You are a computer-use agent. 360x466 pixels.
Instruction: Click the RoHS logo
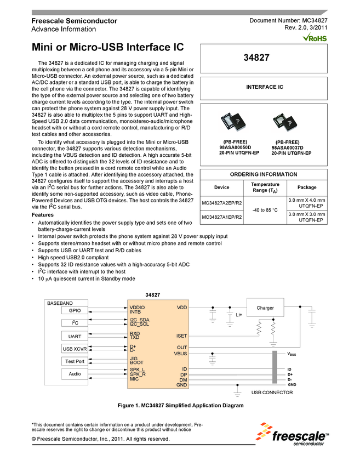click(315, 38)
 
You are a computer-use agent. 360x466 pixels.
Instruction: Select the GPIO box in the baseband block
click(74, 311)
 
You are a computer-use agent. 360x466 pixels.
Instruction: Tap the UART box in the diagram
click(74, 336)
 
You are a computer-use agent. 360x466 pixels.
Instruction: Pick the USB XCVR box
click(74, 349)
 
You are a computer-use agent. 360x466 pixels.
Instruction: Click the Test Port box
click(74, 361)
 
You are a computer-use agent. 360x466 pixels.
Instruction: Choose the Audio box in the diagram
click(74, 374)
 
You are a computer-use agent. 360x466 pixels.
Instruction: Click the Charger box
click(265, 308)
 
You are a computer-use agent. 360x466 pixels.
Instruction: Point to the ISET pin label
click(181, 336)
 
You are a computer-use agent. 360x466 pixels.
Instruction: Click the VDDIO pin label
click(138, 308)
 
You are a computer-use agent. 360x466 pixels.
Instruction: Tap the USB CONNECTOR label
click(272, 393)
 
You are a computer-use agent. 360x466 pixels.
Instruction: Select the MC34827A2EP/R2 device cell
click(222, 203)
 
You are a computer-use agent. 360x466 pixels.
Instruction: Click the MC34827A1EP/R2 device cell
click(222, 218)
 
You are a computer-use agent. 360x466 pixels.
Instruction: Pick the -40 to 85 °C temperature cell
click(265, 210)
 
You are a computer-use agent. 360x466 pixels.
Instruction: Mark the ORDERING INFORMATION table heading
click(264, 174)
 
